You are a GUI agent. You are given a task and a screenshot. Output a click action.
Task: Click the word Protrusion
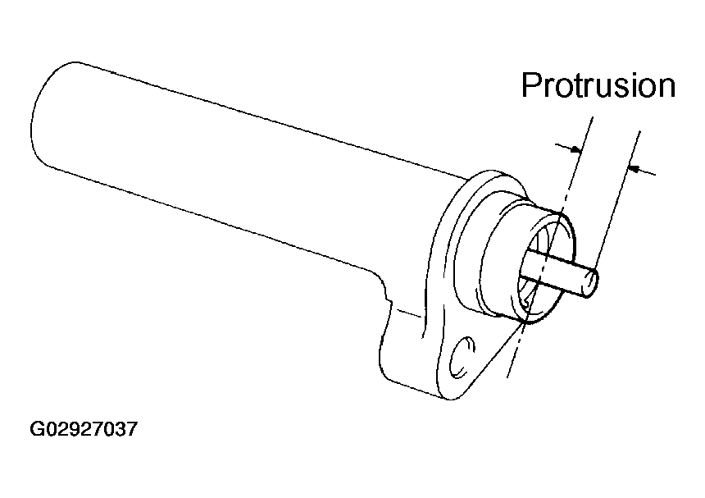pyautogui.click(x=598, y=85)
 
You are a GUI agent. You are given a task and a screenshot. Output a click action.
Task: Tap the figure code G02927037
pyautogui.click(x=83, y=429)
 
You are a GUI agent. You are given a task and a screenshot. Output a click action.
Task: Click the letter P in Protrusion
pyautogui.click(x=531, y=85)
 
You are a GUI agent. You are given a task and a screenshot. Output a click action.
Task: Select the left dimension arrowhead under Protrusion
pyautogui.click(x=577, y=150)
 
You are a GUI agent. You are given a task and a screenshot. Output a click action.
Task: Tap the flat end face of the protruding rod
pyautogui.click(x=590, y=281)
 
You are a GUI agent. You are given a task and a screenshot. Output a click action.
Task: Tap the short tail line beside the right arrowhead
pyautogui.click(x=647, y=171)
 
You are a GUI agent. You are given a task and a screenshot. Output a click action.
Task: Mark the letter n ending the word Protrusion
pyautogui.click(x=665, y=85)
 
